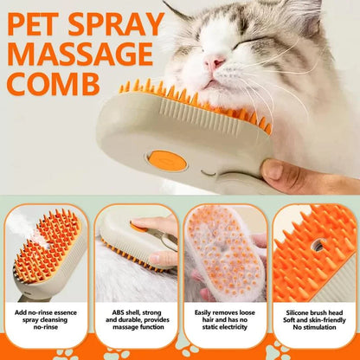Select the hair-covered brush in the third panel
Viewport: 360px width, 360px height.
coord(223,252)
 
